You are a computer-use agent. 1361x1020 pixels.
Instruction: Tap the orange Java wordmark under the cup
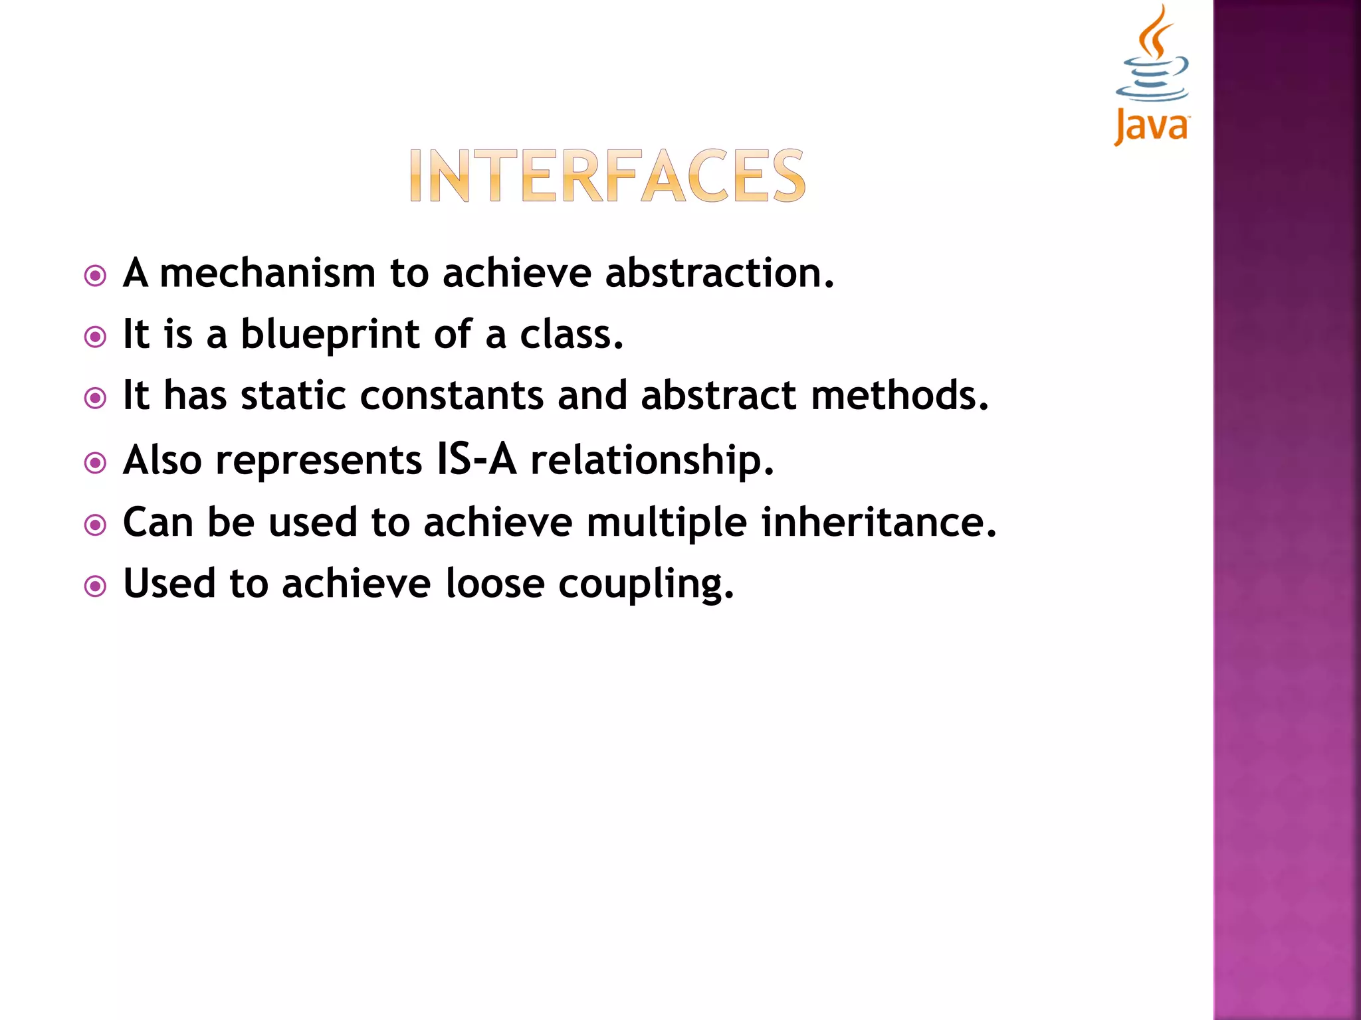click(x=1151, y=126)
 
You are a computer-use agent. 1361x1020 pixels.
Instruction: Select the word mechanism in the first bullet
click(x=268, y=274)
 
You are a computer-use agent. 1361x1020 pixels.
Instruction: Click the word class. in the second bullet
click(x=572, y=335)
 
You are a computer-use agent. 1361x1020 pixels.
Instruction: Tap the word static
click(x=293, y=396)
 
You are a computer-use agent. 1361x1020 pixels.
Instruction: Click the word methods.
click(x=900, y=396)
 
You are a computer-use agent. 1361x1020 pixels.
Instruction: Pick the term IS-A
click(x=476, y=460)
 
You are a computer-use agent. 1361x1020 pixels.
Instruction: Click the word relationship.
click(x=652, y=461)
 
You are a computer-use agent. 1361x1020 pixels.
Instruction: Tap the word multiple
click(x=667, y=523)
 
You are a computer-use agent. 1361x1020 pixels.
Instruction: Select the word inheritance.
click(x=879, y=522)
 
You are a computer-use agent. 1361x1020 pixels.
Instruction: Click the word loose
click(x=494, y=584)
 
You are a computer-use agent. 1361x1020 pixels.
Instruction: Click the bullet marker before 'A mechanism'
click(x=96, y=276)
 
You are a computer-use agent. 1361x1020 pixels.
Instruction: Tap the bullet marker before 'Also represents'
click(x=96, y=463)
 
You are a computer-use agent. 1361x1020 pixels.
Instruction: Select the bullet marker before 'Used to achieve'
click(x=96, y=586)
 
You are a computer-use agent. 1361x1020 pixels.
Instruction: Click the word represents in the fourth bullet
click(x=318, y=461)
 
